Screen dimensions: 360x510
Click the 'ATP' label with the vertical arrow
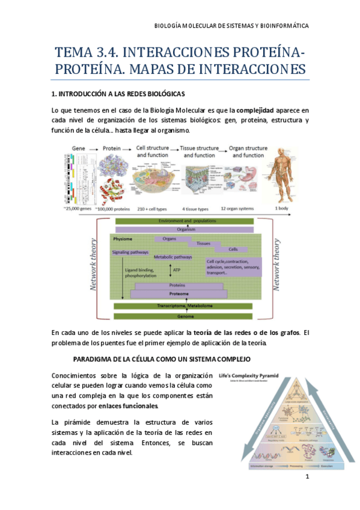click(x=176, y=271)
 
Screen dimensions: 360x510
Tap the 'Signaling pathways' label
click(x=130, y=252)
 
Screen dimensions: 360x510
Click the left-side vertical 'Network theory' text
click(x=93, y=265)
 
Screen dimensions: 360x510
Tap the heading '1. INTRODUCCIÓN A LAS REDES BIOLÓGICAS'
click(x=118, y=94)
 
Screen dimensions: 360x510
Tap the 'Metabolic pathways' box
click(x=173, y=257)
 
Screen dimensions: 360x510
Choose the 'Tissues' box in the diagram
click(x=204, y=244)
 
